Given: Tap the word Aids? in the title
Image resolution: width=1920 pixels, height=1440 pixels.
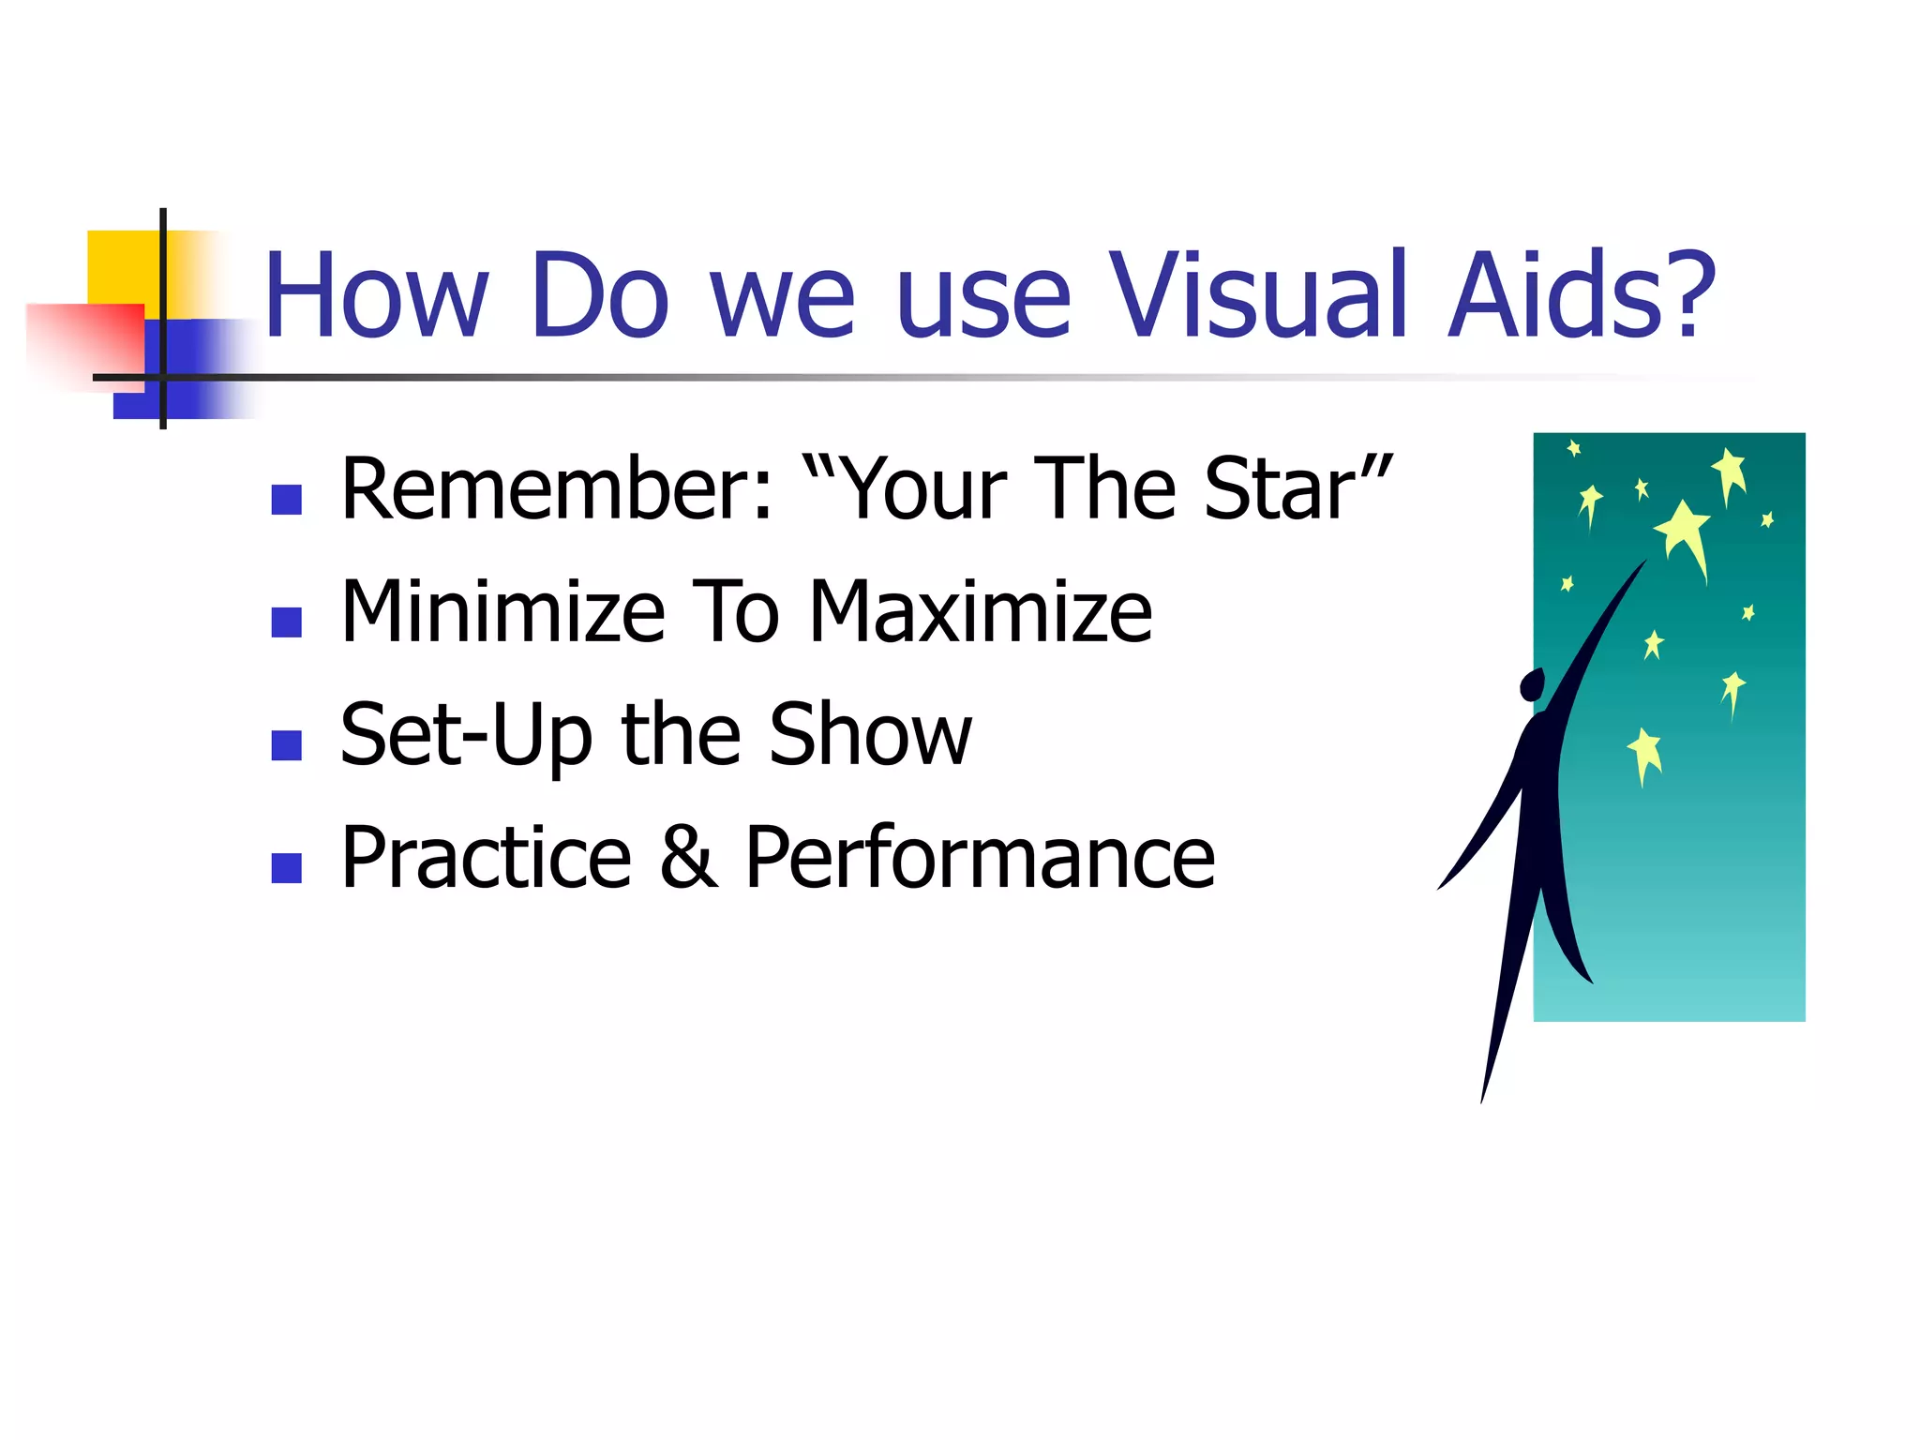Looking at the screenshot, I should pos(1582,295).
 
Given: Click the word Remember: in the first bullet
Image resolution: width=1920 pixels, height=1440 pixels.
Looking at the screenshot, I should pos(558,489).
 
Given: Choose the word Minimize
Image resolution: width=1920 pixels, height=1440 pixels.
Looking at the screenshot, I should pos(502,612).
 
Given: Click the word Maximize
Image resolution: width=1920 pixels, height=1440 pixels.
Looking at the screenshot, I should pos(980,612).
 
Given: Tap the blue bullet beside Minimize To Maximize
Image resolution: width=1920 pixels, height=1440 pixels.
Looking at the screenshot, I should pos(286,622).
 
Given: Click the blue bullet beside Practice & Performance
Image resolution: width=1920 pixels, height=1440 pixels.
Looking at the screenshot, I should pos(286,868).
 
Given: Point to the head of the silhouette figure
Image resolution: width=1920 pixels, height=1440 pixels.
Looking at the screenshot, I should pos(1532,684).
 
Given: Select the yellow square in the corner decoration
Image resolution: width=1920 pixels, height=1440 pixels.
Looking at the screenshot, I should pos(122,266).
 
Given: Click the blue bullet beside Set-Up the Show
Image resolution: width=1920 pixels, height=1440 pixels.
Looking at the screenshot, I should pos(286,745).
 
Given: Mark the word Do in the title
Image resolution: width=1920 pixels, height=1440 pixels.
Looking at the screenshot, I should pos(600,295).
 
